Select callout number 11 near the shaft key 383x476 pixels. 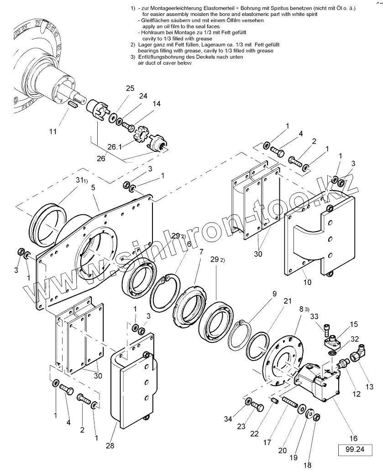click(54, 131)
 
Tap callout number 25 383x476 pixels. click(130, 88)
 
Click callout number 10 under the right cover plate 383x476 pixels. click(307, 282)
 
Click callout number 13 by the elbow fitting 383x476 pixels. click(369, 387)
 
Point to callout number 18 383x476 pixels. click(307, 465)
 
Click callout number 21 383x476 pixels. click(287, 301)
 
